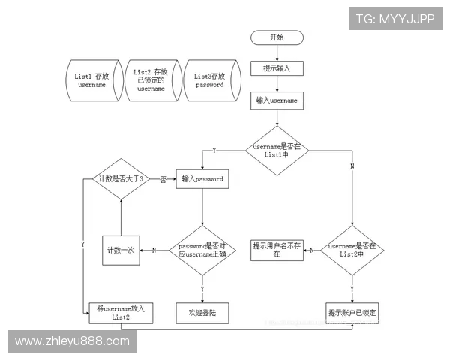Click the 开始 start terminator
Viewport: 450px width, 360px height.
point(277,37)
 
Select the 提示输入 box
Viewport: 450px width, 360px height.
point(277,67)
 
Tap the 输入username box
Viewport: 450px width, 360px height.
point(277,100)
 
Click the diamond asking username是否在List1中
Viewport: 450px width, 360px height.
point(277,150)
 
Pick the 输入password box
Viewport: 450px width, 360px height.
point(202,180)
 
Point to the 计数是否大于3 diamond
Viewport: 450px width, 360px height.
point(121,179)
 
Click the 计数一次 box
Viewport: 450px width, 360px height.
point(121,250)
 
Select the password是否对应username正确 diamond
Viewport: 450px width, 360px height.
point(202,250)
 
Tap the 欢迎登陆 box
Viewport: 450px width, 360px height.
point(202,312)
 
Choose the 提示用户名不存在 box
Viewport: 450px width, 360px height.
point(277,250)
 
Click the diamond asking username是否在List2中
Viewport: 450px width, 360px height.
point(352,250)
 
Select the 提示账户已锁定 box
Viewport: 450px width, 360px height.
point(352,312)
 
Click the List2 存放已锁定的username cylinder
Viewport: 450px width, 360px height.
point(151,80)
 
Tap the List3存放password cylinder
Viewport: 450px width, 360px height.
point(210,80)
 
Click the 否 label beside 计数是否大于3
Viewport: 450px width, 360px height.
point(163,180)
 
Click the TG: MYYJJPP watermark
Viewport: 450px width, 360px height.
point(395,19)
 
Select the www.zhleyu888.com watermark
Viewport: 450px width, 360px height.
point(72,341)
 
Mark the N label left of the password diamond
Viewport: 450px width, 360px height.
point(154,250)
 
